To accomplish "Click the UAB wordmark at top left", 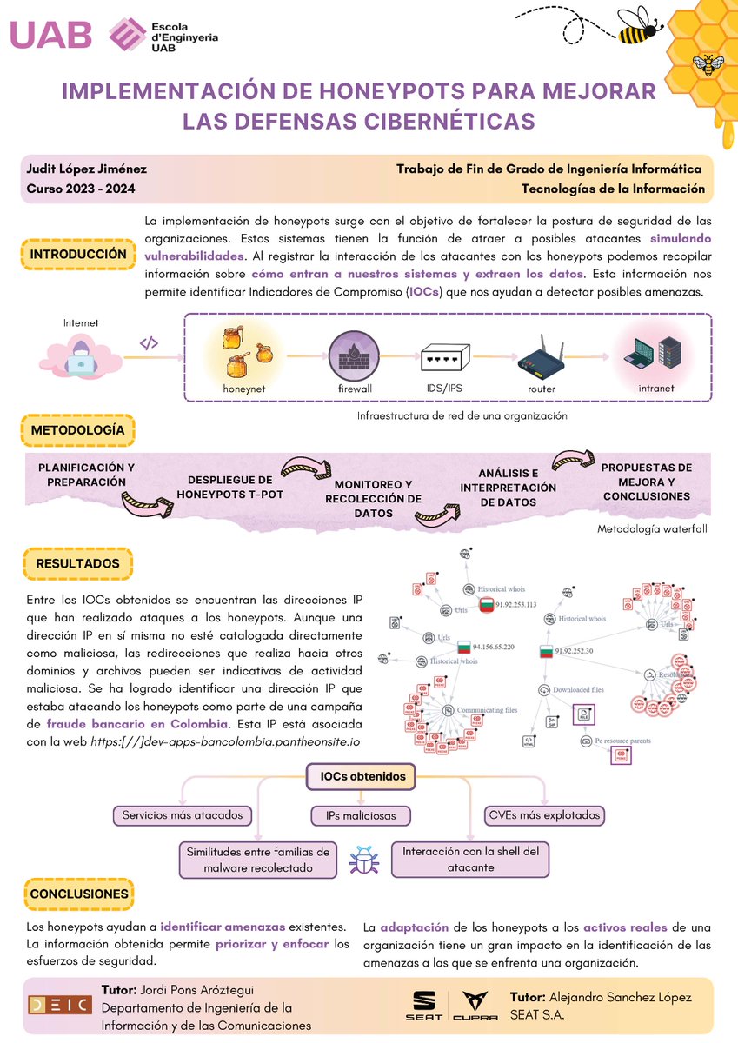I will [51, 34].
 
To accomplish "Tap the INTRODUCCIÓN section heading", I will [78, 254].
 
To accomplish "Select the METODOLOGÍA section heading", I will [77, 430].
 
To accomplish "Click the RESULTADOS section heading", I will [77, 564].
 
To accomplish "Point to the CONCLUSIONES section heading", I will [78, 894].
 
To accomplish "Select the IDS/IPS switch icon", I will [445, 357].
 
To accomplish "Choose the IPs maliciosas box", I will [361, 816].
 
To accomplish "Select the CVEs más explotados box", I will [544, 815].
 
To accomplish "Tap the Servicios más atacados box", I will [183, 815].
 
